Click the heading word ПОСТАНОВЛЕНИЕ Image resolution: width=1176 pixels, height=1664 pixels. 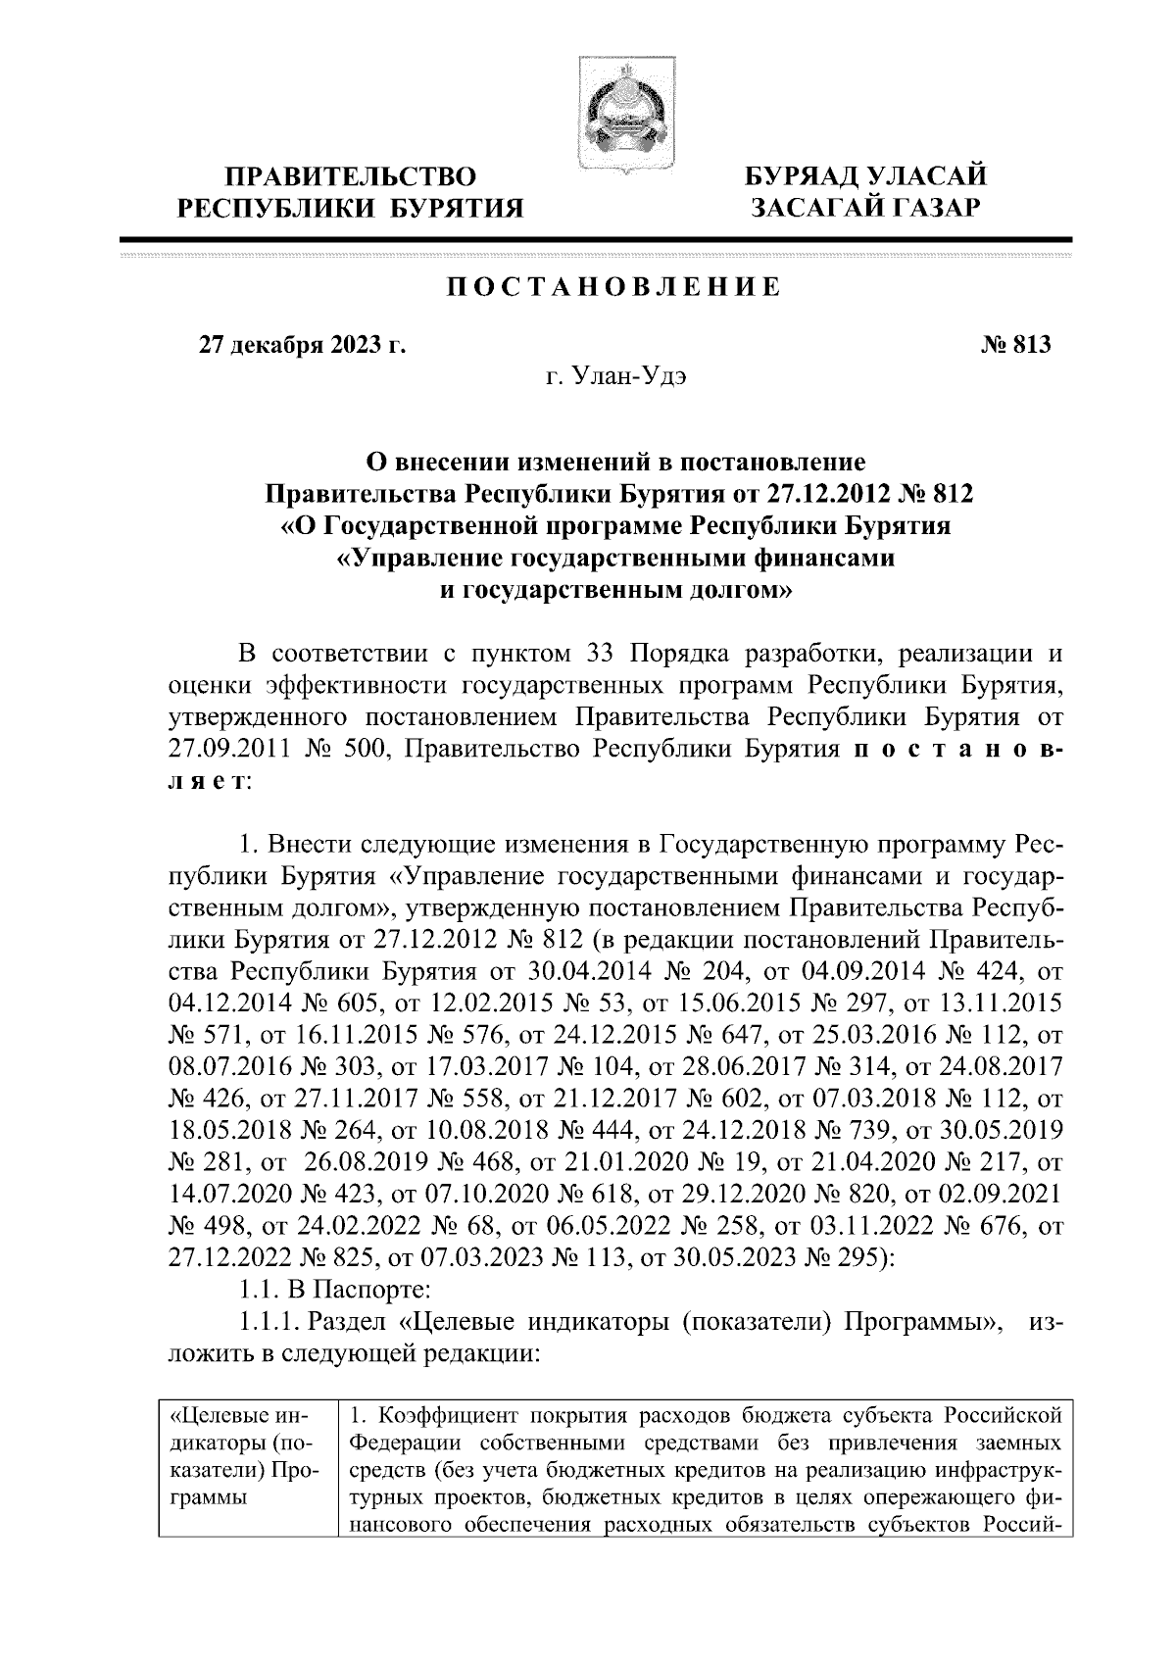(613, 287)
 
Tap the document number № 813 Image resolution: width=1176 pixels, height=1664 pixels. (1014, 344)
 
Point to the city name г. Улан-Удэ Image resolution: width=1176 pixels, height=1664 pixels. (615, 377)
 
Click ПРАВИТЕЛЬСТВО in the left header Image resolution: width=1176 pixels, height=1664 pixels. (351, 177)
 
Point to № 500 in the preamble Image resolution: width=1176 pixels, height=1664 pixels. (350, 749)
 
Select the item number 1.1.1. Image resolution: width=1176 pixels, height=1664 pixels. (269, 1323)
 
